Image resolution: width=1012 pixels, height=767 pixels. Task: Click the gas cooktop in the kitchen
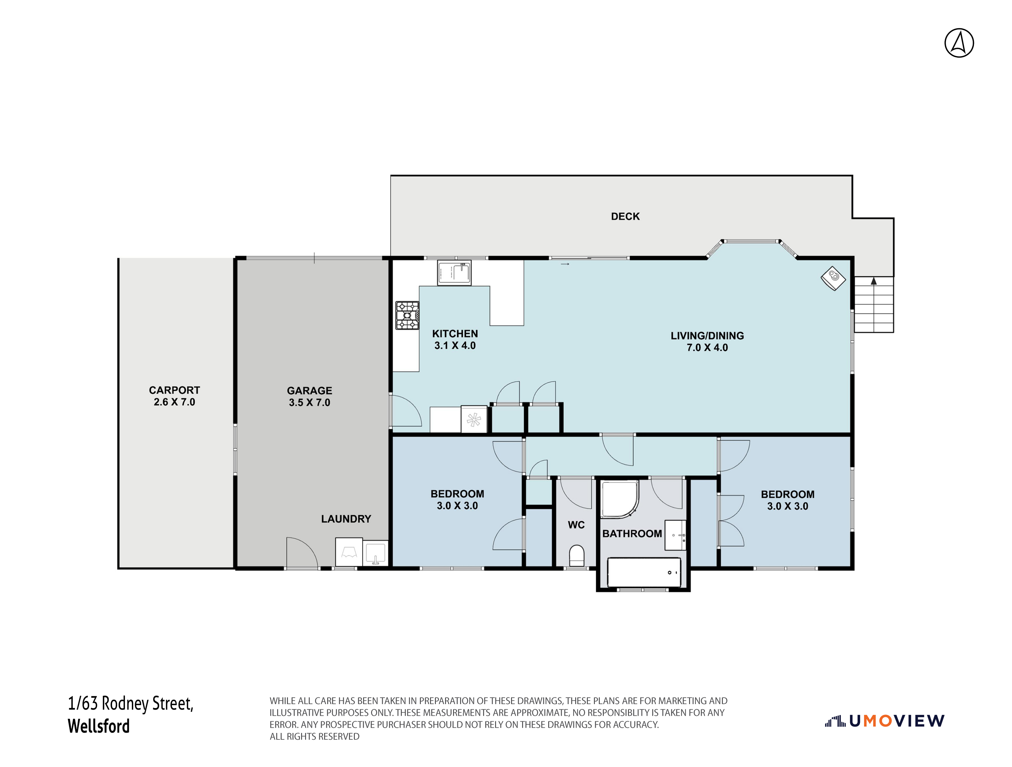407,315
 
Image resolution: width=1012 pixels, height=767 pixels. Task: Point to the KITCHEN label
455,334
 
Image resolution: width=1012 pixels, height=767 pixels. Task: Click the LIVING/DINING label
707,336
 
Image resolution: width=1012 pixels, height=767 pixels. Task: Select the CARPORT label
174,390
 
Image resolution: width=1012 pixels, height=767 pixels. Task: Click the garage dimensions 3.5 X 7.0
309,403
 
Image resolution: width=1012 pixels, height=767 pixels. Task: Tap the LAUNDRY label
346,519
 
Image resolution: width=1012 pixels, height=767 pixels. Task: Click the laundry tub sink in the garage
375,553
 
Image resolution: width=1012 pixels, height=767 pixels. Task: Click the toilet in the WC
576,556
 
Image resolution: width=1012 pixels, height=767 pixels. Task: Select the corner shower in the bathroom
619,499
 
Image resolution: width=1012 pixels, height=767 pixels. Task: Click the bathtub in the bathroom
644,572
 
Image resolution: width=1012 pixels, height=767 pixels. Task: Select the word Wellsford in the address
99,726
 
